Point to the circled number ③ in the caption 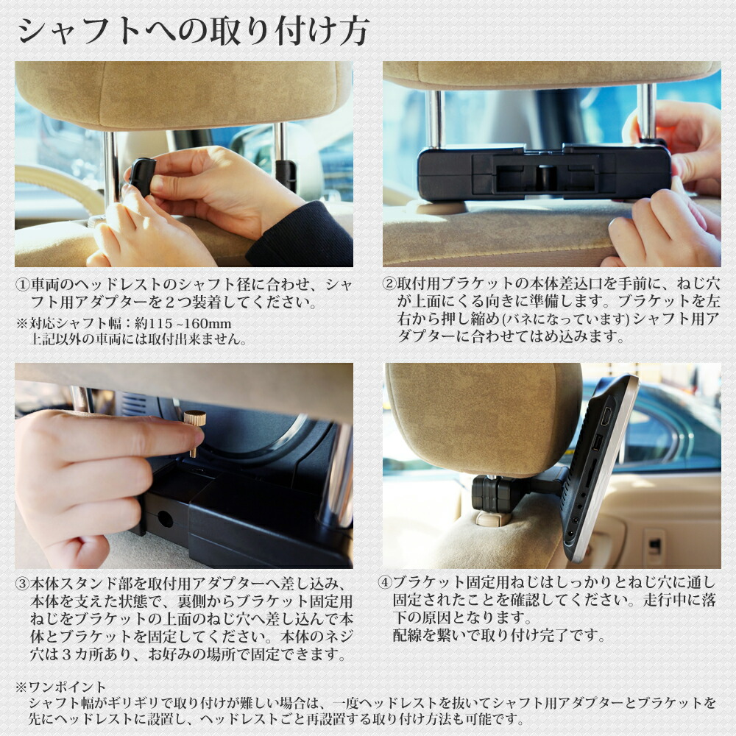tap(23, 583)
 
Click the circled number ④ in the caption tap(385, 581)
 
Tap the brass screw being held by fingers tap(195, 431)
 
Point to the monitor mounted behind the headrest tap(600, 464)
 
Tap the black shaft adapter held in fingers tap(143, 177)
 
